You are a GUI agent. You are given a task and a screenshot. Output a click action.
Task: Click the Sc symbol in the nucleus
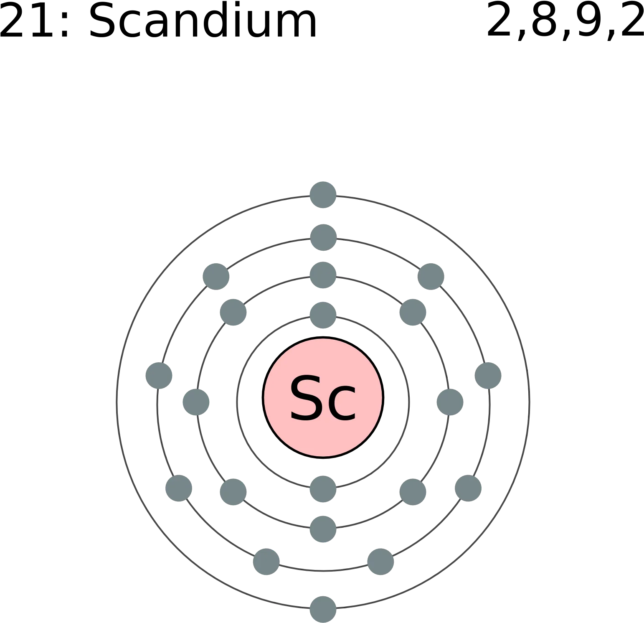(x=323, y=398)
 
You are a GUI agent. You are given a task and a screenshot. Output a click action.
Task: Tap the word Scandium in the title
(x=203, y=20)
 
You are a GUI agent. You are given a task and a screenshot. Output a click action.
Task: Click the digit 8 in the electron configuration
(x=544, y=19)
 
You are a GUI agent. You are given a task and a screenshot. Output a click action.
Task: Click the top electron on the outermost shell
(x=323, y=195)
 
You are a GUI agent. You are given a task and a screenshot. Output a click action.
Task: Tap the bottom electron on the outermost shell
(x=323, y=609)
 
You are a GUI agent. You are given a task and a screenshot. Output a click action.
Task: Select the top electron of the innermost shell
(x=323, y=315)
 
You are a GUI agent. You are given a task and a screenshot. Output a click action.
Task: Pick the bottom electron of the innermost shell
(x=323, y=489)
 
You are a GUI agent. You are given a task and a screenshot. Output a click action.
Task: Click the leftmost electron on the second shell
(x=196, y=402)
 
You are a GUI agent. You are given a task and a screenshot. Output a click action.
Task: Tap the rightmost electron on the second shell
(x=450, y=402)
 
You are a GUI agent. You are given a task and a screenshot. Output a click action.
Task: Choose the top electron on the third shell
(x=323, y=237)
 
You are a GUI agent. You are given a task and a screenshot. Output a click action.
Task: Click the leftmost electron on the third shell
(x=159, y=376)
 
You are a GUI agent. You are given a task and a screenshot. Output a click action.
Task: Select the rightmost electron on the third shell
(x=488, y=376)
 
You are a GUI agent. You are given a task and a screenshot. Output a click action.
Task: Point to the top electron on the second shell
(x=323, y=275)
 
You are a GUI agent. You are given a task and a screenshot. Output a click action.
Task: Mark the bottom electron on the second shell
(x=323, y=529)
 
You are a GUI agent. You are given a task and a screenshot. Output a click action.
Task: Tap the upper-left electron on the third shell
(x=216, y=277)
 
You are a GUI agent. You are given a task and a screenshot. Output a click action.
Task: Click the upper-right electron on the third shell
(x=431, y=277)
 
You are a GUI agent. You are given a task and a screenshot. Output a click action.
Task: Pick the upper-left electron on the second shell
(x=233, y=312)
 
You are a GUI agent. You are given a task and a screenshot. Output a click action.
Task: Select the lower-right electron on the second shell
(x=413, y=492)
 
